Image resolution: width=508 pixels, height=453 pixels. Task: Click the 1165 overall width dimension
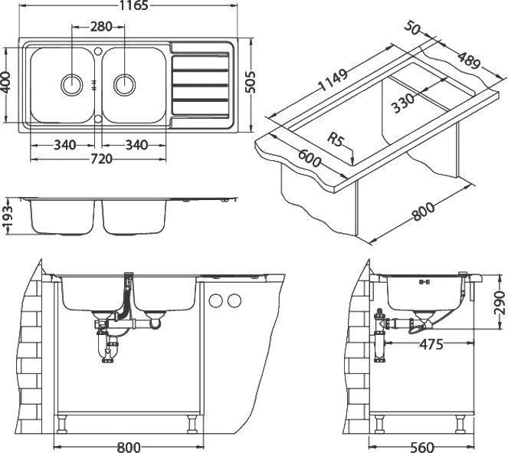pos(133,5)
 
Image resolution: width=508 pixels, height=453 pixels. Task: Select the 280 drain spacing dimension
pos(101,27)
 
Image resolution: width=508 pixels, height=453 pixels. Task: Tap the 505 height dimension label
pos(250,82)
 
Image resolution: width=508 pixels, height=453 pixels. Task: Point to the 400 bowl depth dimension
pos(5,82)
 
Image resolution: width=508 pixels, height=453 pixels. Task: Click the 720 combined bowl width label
pos(101,159)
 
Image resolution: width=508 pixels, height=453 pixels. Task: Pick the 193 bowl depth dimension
pos(7,216)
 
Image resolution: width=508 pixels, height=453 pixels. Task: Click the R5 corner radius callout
pos(336,140)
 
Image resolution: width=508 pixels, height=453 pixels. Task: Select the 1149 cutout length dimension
pos(333,80)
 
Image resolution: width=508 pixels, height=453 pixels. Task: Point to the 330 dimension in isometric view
pos(403,103)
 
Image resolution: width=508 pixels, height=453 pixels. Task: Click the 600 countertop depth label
pos(309,158)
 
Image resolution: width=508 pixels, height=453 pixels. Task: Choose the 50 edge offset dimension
pos(411,28)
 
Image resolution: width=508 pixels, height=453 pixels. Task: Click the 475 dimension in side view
pos(431,344)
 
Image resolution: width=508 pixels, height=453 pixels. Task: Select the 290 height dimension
pos(500,302)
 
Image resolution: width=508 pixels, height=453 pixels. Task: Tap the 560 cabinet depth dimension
pos(421,448)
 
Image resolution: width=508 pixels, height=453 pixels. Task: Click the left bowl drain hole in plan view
pos(71,84)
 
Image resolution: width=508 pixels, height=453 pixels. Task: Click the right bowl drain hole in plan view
pos(124,84)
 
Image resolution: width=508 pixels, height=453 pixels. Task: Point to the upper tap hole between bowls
pos(98,51)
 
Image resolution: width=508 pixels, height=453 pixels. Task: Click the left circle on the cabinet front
pos(216,300)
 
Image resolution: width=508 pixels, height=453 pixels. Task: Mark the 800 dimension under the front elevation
pos(129,448)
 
